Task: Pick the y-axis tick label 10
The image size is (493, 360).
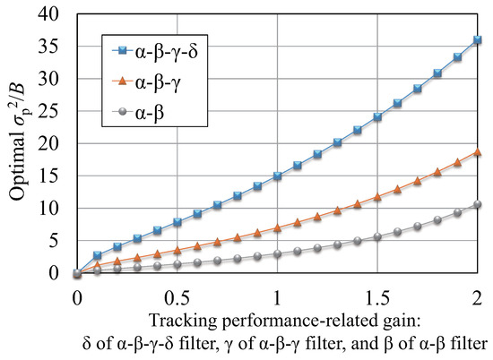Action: click(x=55, y=209)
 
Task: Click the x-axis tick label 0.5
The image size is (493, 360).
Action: click(x=177, y=294)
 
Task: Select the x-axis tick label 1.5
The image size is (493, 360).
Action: click(x=376, y=294)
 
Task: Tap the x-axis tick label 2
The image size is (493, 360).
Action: click(x=477, y=294)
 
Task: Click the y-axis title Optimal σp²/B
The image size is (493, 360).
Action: click(x=20, y=143)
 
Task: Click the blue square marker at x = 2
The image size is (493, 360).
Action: click(x=477, y=40)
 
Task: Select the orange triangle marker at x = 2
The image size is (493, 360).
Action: click(x=477, y=152)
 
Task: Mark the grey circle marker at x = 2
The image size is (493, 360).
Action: click(x=477, y=205)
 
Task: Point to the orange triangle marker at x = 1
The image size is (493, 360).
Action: click(x=277, y=227)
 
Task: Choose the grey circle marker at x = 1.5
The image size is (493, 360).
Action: click(x=377, y=237)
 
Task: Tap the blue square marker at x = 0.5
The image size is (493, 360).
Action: click(x=177, y=221)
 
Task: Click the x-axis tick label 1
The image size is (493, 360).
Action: click(x=277, y=294)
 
